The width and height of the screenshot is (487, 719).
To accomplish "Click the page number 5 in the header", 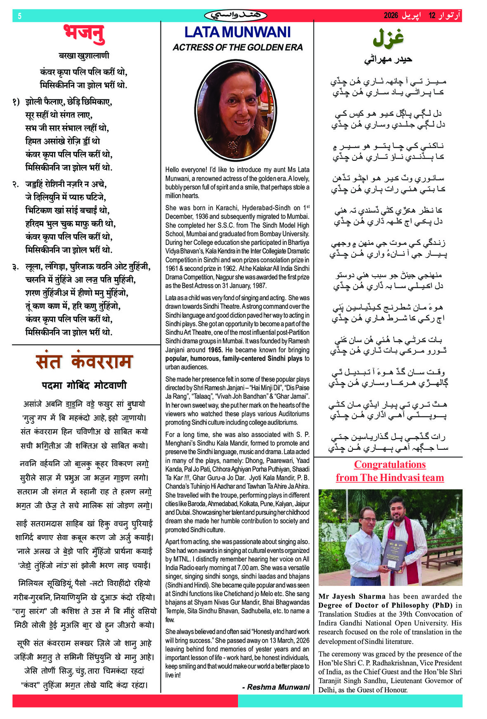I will (x=19, y=16).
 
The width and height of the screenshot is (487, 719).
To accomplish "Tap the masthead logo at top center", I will (x=236, y=16).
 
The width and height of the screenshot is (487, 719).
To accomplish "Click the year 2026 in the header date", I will (x=391, y=16).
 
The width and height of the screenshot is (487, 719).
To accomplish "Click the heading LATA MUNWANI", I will (x=237, y=32).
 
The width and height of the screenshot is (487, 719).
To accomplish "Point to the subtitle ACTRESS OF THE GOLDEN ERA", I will (x=237, y=47).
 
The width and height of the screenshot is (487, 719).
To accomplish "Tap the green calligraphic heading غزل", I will (x=388, y=38).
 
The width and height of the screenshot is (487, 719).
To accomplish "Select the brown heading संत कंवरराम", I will (x=84, y=362).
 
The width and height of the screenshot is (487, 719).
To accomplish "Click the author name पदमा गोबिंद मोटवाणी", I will (x=84, y=385).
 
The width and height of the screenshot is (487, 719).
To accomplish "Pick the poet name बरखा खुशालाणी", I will (x=84, y=56).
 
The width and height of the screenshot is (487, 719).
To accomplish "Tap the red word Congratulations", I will (x=390, y=465).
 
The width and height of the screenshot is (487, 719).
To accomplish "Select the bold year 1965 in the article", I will (x=215, y=350).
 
